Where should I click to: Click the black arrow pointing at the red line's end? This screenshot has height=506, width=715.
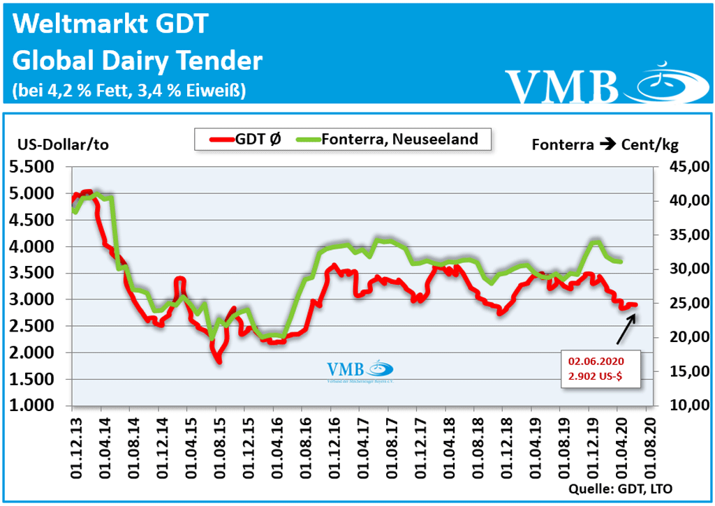click(x=626, y=329)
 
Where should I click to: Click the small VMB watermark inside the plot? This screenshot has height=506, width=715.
click(x=359, y=371)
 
